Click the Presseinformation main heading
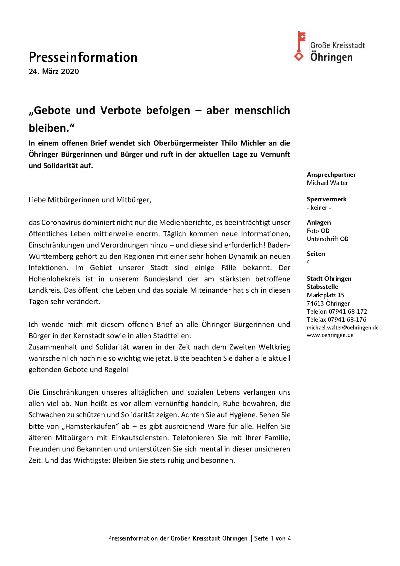point(83,57)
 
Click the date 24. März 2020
point(54,72)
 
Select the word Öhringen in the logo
point(331,57)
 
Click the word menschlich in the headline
point(262,110)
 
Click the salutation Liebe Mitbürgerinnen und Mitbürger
point(90,200)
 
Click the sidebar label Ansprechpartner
point(331,175)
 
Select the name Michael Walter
point(327,183)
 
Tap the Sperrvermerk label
point(326,199)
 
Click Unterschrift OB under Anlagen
point(327,239)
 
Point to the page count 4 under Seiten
point(308,262)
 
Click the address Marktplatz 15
point(325,295)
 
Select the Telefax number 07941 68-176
point(347,320)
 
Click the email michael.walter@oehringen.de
point(343,328)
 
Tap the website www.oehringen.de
point(330,335)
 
